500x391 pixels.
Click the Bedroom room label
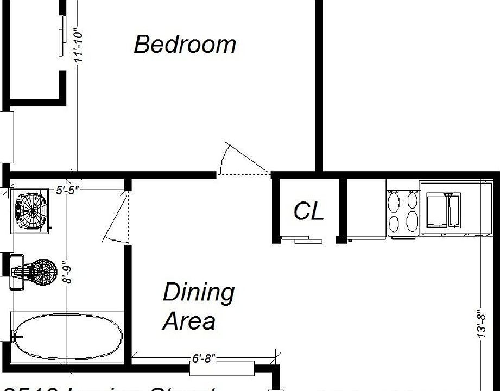tap(185, 44)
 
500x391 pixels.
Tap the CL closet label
tap(308, 211)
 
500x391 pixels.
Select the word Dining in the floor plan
tap(199, 293)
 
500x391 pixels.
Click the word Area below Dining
tap(189, 321)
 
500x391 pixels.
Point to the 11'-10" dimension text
tap(80, 46)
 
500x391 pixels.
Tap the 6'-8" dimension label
tap(204, 358)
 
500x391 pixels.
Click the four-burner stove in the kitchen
tap(402, 211)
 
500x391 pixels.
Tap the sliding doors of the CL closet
tap(302, 240)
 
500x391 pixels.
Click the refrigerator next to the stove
tap(366, 209)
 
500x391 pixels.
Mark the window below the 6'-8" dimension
tap(221, 368)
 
